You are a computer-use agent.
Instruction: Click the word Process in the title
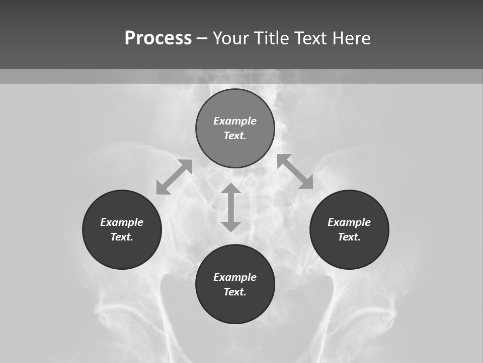(158, 38)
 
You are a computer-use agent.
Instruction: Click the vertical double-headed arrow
(231, 207)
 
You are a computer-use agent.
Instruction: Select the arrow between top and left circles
(174, 177)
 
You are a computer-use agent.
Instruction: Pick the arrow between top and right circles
(295, 171)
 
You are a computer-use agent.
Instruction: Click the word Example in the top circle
(235, 121)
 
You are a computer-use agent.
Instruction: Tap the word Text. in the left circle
(122, 237)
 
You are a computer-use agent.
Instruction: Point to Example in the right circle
(349, 222)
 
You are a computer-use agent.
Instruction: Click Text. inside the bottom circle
(235, 292)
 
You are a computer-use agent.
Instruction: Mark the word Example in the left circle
(122, 222)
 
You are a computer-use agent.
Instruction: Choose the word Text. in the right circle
(349, 237)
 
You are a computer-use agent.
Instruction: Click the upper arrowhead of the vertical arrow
(231, 189)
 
